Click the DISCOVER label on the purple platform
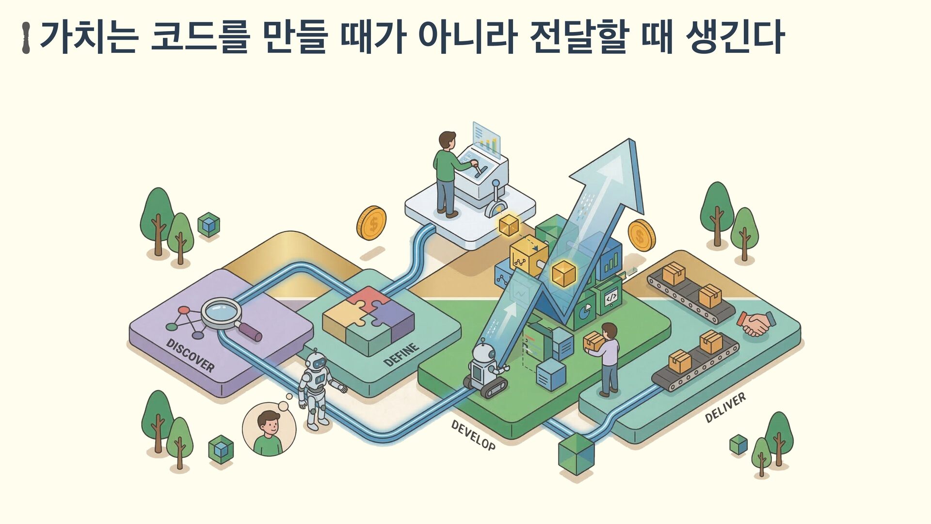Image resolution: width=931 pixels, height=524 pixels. coord(190,355)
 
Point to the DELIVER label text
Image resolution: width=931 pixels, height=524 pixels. coord(725,408)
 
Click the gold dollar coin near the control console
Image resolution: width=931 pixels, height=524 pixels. coord(371,223)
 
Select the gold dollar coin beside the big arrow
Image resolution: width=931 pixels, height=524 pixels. coord(642,235)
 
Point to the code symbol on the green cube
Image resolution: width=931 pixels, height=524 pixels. coord(611,296)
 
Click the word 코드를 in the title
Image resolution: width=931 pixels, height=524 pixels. coord(199,37)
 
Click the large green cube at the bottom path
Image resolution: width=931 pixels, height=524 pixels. coord(576,454)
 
